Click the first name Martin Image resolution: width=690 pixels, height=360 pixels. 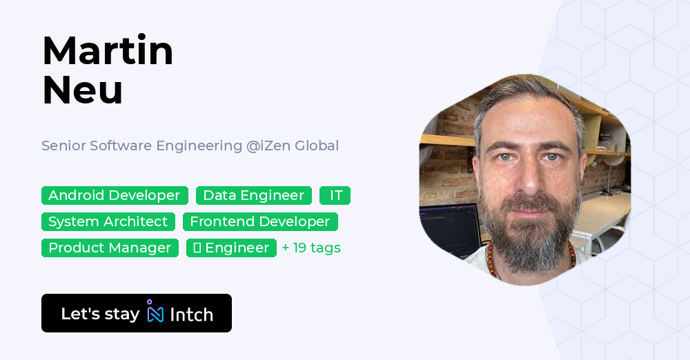coord(108,52)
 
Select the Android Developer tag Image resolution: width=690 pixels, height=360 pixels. coord(114,196)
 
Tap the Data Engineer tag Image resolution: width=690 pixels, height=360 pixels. coord(253,196)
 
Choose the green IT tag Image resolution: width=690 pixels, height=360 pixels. coord(335,196)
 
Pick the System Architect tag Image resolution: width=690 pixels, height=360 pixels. coord(108,222)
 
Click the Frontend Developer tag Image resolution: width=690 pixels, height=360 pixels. coord(259,222)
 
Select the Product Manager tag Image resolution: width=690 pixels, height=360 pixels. coord(110,248)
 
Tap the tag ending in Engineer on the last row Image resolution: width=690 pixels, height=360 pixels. coord(231,248)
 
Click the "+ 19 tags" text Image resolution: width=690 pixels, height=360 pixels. coord(311,248)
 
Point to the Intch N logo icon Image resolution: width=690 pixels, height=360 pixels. coord(155,312)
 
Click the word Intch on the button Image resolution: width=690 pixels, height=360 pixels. coord(191,314)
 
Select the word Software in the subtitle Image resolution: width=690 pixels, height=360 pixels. coord(119,146)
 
